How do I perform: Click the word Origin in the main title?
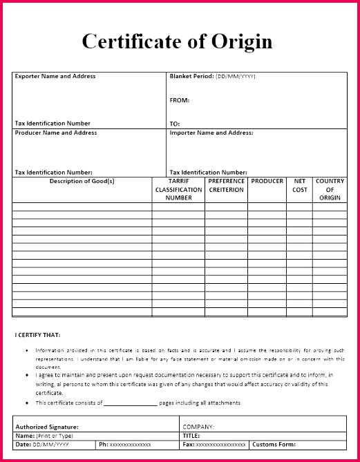239,41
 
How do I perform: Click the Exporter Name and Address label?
55,77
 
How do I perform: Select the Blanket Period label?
192,77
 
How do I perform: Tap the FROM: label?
179,100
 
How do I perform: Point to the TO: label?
175,124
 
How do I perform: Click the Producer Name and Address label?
56,133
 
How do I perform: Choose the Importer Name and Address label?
211,133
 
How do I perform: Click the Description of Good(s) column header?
82,181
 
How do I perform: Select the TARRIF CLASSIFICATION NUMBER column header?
178,189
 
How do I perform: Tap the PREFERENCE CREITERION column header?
227,185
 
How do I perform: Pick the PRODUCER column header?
267,181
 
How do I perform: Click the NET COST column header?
300,185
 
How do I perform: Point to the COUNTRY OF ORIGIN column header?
330,189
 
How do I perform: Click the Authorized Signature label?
47,427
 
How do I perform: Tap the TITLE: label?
191,436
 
